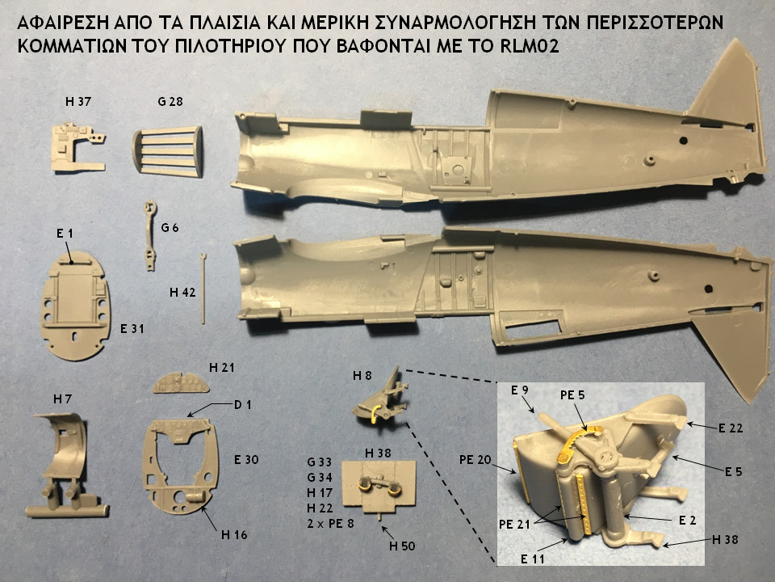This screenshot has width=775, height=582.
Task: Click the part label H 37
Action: click(x=78, y=102)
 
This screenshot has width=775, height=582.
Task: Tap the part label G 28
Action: click(x=171, y=102)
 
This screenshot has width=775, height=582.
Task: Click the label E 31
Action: click(x=133, y=330)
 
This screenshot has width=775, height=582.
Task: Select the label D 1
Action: click(x=243, y=404)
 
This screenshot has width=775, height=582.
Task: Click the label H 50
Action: click(x=402, y=547)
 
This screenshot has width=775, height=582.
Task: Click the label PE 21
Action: click(x=515, y=525)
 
